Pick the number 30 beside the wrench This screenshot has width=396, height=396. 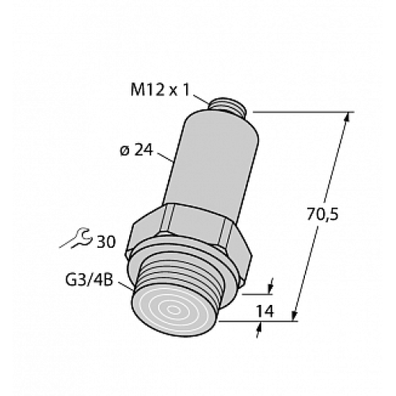105,240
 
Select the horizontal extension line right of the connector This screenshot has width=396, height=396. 301,112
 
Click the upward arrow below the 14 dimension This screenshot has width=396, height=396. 257,328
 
